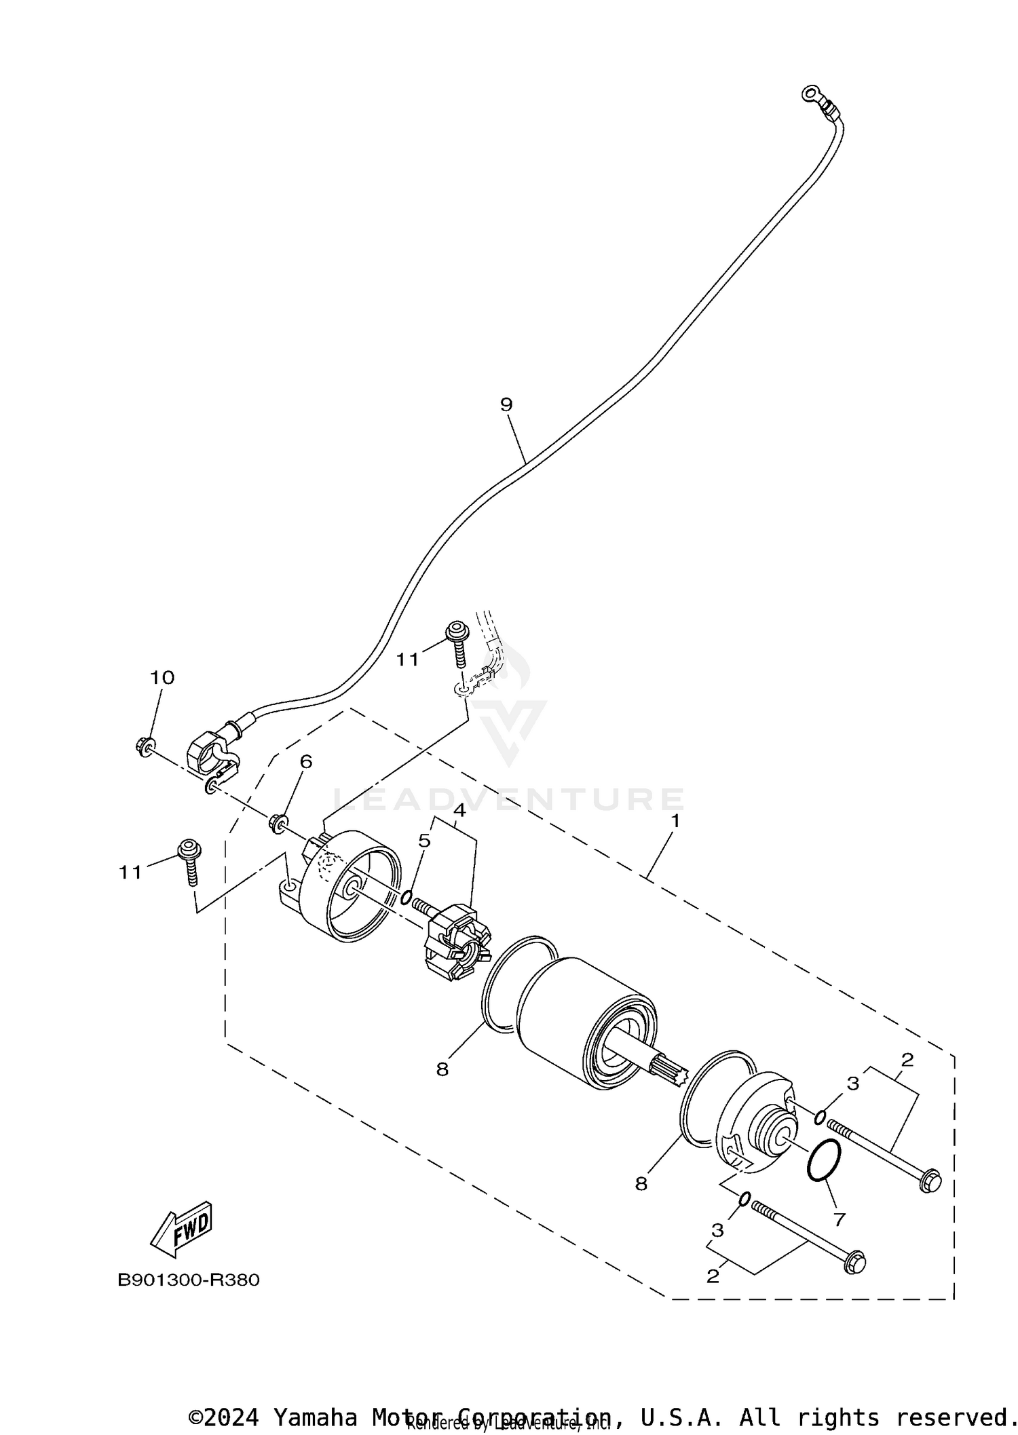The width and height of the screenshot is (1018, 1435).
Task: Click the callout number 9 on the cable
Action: point(506,404)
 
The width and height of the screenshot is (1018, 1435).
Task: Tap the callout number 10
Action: point(162,677)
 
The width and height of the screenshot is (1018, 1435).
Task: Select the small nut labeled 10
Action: point(144,746)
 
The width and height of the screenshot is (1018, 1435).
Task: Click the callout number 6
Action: point(306,761)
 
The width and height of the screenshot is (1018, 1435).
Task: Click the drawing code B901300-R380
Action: point(188,1280)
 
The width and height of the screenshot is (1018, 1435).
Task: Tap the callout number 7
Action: point(839,1219)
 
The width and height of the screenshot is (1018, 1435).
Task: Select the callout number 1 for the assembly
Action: point(675,820)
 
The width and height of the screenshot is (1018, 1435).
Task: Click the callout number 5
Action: point(424,841)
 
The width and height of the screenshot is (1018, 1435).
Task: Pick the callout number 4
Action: point(459,810)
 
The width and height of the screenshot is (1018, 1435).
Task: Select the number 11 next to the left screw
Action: point(130,873)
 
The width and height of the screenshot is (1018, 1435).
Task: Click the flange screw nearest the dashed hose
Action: point(457,638)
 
